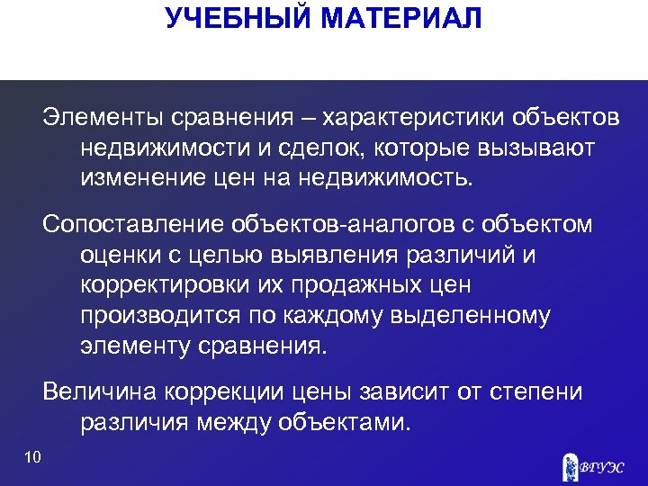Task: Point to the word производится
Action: coord(158,315)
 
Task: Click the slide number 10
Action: coord(33,459)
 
